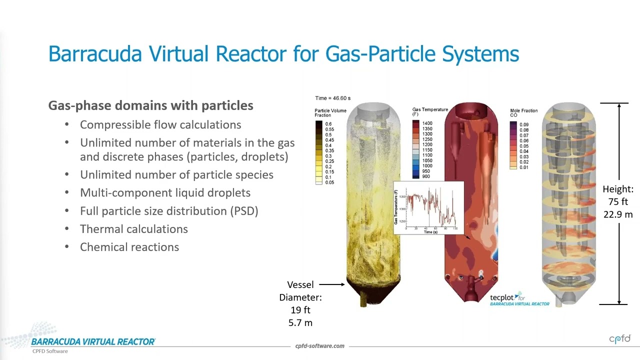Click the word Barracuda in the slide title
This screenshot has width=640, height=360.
pos(95,53)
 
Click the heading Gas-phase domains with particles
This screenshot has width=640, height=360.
pos(150,105)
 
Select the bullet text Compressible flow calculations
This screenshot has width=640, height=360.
pos(160,124)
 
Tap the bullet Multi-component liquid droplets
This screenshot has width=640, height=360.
pos(165,192)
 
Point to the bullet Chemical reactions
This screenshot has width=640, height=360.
pos(129,247)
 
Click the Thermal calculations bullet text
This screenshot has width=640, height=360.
pos(134,229)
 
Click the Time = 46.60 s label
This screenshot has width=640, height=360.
pos(332,98)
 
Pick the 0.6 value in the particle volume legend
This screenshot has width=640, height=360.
pos(328,124)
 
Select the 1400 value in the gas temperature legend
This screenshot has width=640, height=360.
pos(427,123)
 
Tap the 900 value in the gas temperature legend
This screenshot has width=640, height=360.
pos(425,176)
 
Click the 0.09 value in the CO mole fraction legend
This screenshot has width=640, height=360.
pos(524,125)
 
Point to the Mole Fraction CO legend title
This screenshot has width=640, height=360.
pos(523,113)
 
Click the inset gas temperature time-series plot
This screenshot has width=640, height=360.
pos(429,208)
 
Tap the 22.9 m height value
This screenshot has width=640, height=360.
pos(618,214)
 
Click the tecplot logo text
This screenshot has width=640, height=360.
pos(504,297)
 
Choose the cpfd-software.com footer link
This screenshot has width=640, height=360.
pos(319,346)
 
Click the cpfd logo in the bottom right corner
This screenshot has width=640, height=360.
pos(619,339)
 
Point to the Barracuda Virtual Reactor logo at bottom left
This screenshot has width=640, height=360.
pos(93,342)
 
